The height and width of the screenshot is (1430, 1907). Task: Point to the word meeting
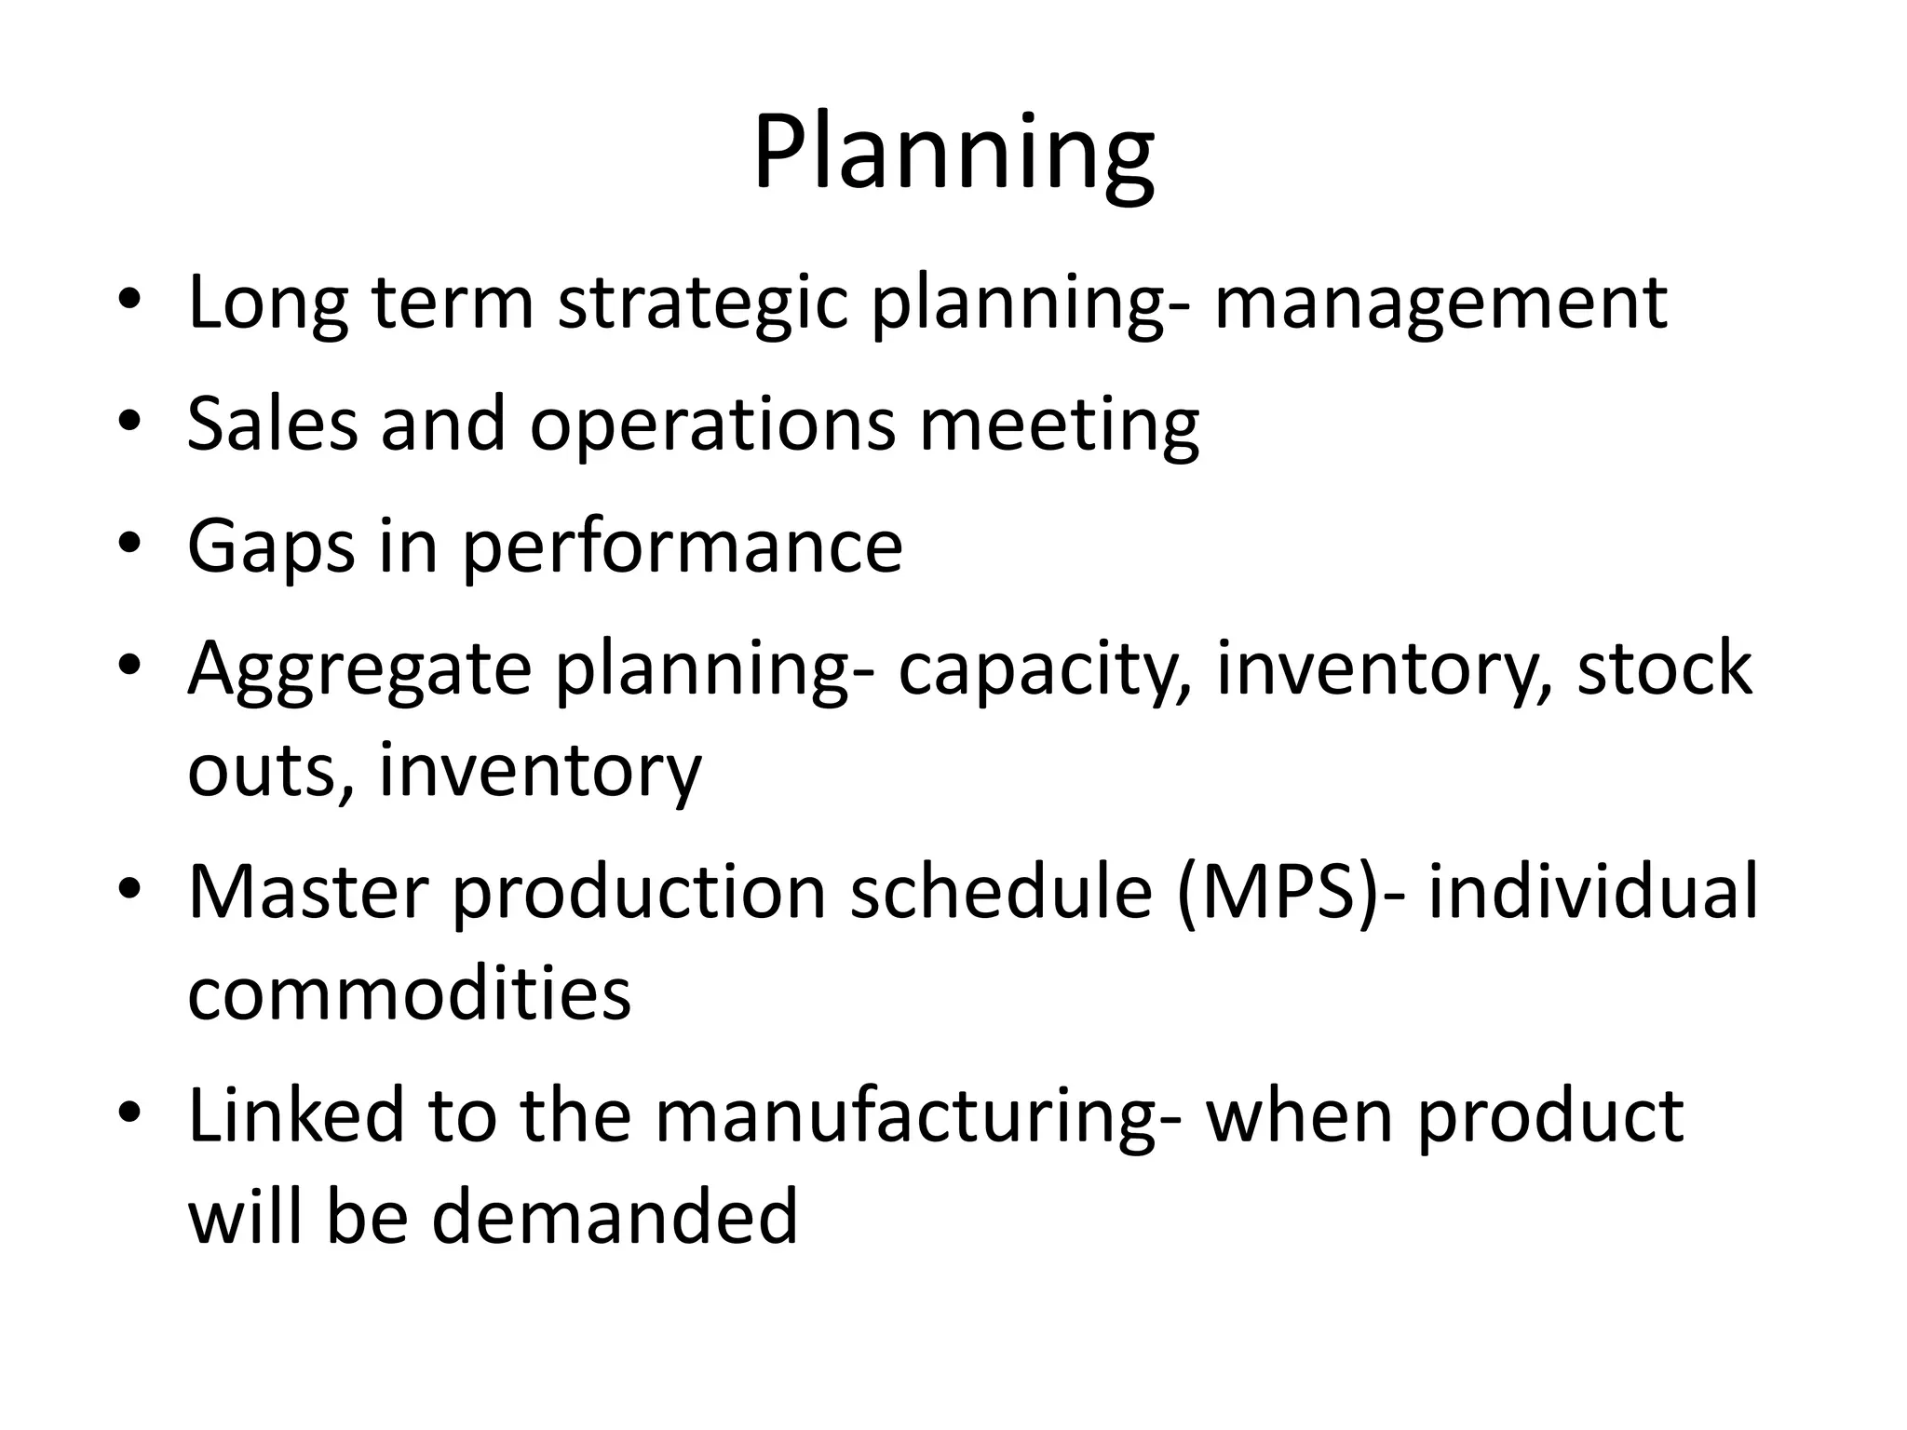1059,425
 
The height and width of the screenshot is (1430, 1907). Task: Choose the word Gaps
271,546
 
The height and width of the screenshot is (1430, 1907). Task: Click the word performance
683,546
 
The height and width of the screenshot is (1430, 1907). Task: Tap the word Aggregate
359,669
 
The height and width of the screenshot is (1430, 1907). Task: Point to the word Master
308,893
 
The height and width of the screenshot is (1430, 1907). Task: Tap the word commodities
409,993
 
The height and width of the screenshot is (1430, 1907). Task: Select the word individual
1593,893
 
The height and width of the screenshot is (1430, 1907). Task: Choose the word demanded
615,1217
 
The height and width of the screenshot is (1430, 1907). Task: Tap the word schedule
1001,893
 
